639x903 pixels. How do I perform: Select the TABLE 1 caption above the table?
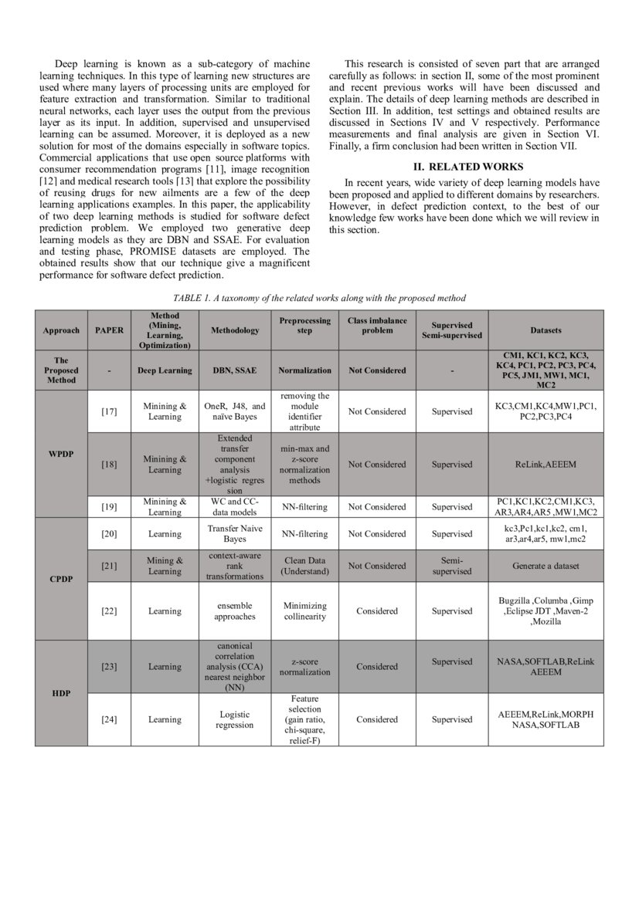tap(319, 298)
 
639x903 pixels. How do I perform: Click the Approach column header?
tap(61, 330)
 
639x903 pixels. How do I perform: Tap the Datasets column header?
tap(546, 330)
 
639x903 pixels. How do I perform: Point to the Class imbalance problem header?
tap(376, 325)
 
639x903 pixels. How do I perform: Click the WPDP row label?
tap(61, 452)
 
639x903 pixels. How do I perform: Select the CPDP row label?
tap(61, 578)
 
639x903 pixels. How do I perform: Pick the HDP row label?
tap(61, 693)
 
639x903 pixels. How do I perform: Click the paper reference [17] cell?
tap(109, 411)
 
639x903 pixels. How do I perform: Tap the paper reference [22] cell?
tap(109, 610)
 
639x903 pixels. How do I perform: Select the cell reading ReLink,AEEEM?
tap(546, 465)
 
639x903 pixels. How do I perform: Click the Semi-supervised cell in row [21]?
tap(452, 566)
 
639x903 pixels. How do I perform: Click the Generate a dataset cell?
tap(546, 566)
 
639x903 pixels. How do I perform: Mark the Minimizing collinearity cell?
tap(305, 610)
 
